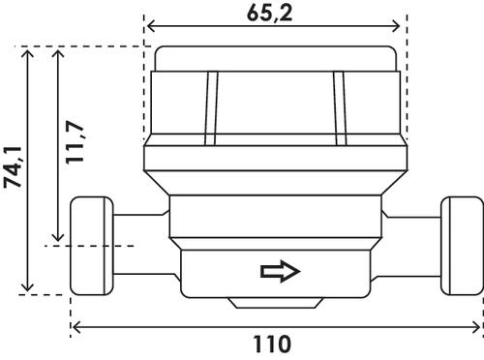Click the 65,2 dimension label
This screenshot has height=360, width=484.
click(x=269, y=14)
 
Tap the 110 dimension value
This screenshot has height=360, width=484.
click(x=272, y=345)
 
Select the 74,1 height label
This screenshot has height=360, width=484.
click(x=13, y=166)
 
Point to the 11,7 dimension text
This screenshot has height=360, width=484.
click(x=75, y=143)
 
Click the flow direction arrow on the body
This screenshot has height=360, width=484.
click(x=281, y=271)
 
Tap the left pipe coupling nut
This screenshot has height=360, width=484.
click(x=92, y=246)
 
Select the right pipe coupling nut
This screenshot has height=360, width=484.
click(x=462, y=246)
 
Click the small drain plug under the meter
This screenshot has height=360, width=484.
click(x=276, y=303)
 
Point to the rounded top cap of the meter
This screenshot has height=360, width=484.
click(x=275, y=59)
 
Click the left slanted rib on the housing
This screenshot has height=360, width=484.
click(x=211, y=108)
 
